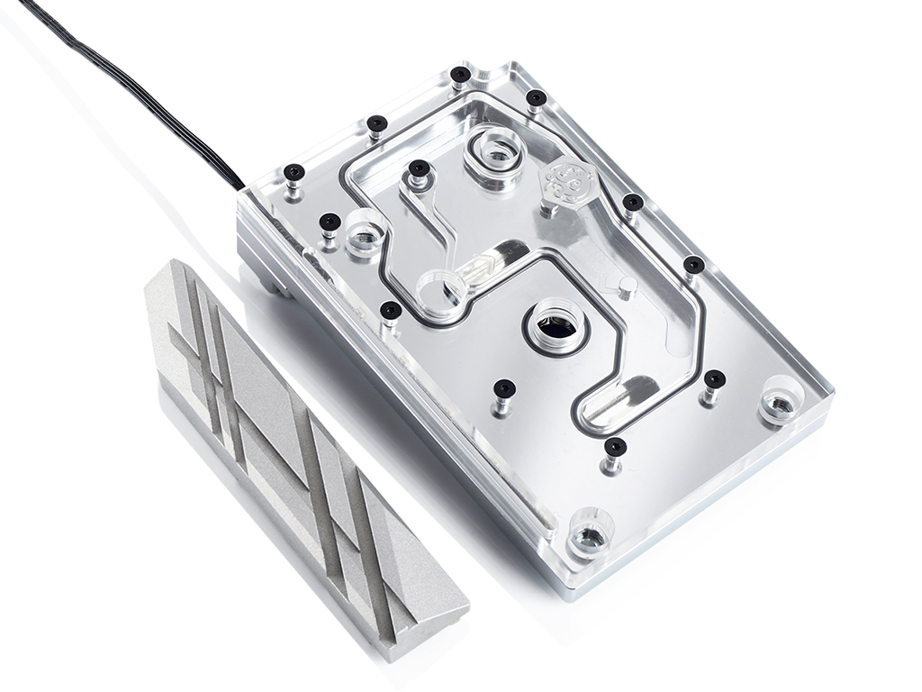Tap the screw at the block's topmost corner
click(461, 74)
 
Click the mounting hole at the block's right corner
click(780, 402)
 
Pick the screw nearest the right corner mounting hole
click(714, 378)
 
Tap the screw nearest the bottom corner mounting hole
click(615, 447)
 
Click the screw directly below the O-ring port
click(504, 388)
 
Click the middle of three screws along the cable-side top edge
click(377, 123)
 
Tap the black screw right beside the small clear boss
click(330, 222)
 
